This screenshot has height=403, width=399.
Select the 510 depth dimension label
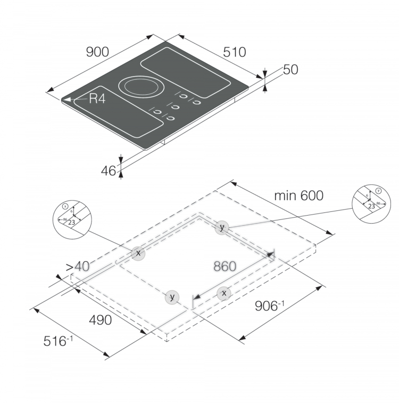coord(235,52)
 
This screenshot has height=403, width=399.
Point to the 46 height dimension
coord(109,170)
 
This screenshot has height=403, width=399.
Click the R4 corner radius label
coord(97,98)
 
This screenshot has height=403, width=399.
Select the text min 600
coord(298,195)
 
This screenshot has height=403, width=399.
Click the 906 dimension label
coord(270,306)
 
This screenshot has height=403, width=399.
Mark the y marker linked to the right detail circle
coord(222,227)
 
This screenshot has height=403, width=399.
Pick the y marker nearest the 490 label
coord(171,297)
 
